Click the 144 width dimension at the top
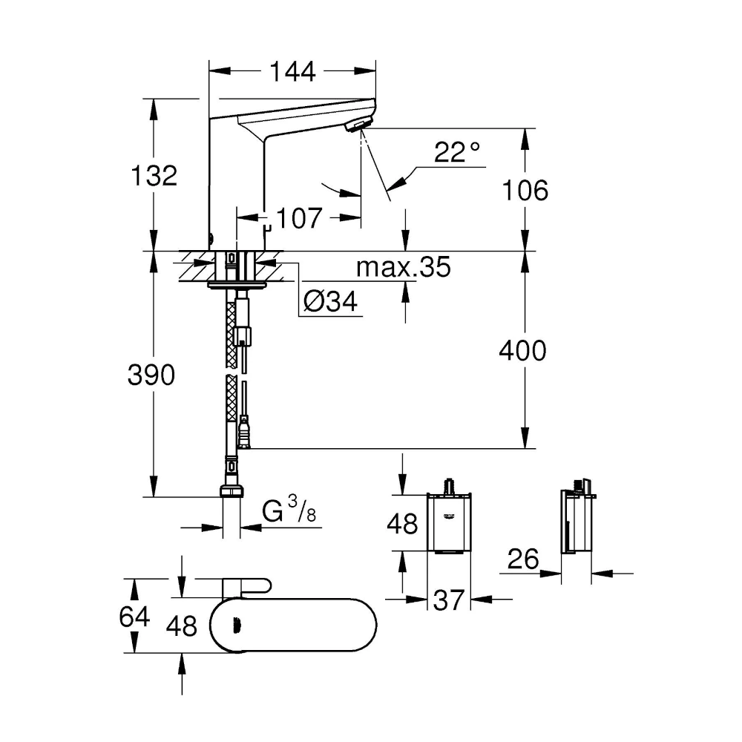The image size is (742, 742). [292, 72]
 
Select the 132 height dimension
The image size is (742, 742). [154, 176]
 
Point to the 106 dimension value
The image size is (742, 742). [525, 191]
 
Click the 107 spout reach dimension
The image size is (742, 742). [301, 218]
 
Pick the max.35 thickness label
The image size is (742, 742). [403, 267]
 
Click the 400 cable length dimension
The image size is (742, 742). [522, 350]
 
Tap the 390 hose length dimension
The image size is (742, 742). [153, 375]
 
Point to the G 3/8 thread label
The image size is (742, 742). [290, 512]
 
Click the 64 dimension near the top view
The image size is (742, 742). [134, 617]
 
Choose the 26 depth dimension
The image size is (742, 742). [523, 559]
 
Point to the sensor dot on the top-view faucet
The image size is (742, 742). [237, 626]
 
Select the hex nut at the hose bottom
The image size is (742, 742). [231, 491]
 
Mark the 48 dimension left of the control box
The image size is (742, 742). [403, 524]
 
